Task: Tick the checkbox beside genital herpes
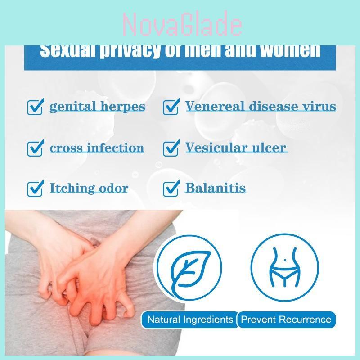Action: pos(35,107)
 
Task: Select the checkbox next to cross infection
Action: pos(35,148)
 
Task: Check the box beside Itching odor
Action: pos(35,189)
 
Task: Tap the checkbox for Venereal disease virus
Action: pos(171,107)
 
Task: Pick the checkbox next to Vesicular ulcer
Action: pos(171,148)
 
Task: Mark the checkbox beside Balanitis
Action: pos(171,189)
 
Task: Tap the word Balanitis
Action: pos(216,188)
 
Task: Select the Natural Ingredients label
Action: pos(190,320)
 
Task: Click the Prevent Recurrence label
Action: pos(286,320)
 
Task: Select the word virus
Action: pos(319,107)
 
